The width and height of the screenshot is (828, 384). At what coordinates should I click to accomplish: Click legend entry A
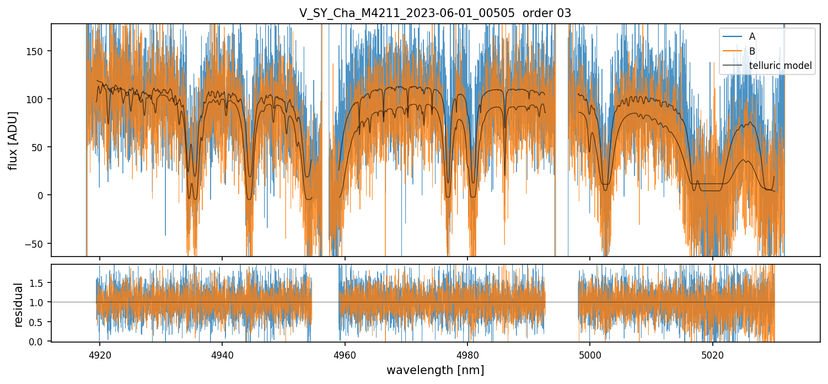(x=752, y=36)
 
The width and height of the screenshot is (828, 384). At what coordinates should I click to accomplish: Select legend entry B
(x=752, y=51)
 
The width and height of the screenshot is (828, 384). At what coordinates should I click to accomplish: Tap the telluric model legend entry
(x=780, y=66)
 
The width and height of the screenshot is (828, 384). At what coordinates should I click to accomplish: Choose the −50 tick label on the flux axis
(x=39, y=243)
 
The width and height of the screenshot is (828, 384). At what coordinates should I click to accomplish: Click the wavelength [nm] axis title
(x=435, y=370)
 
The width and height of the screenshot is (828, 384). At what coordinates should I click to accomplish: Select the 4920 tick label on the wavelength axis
(x=100, y=354)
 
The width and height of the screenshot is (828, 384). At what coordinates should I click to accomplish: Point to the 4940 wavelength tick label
(x=222, y=354)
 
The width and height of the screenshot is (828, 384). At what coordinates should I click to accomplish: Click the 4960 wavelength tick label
(x=345, y=354)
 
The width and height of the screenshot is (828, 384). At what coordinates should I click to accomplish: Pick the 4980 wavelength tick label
(x=467, y=354)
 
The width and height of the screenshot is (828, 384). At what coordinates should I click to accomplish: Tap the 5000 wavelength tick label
(x=590, y=354)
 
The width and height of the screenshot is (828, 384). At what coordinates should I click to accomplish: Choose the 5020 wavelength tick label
(x=713, y=354)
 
